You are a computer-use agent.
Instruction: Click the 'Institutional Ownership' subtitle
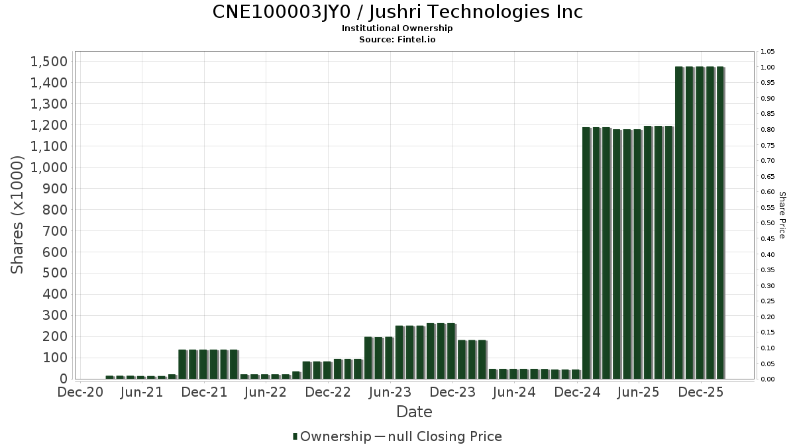[x=397, y=28]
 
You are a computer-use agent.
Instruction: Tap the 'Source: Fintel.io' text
[x=397, y=39]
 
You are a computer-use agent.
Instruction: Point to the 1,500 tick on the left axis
[x=49, y=62]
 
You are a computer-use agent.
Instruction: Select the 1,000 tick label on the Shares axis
[x=49, y=168]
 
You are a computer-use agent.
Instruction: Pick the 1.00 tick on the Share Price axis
[x=768, y=68]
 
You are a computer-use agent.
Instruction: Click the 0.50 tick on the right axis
[x=768, y=223]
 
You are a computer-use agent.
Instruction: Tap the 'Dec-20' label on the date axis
[x=81, y=393]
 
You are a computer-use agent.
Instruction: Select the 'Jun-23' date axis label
[x=391, y=393]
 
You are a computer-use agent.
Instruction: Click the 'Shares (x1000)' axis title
[x=18, y=215]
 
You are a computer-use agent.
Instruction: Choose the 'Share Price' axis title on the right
[x=782, y=215]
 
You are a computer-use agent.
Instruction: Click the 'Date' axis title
[x=414, y=412]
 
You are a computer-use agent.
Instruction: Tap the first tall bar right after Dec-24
[x=586, y=252]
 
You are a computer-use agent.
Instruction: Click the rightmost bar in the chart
[x=720, y=223]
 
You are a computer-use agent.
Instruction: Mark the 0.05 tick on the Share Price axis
[x=768, y=364]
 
